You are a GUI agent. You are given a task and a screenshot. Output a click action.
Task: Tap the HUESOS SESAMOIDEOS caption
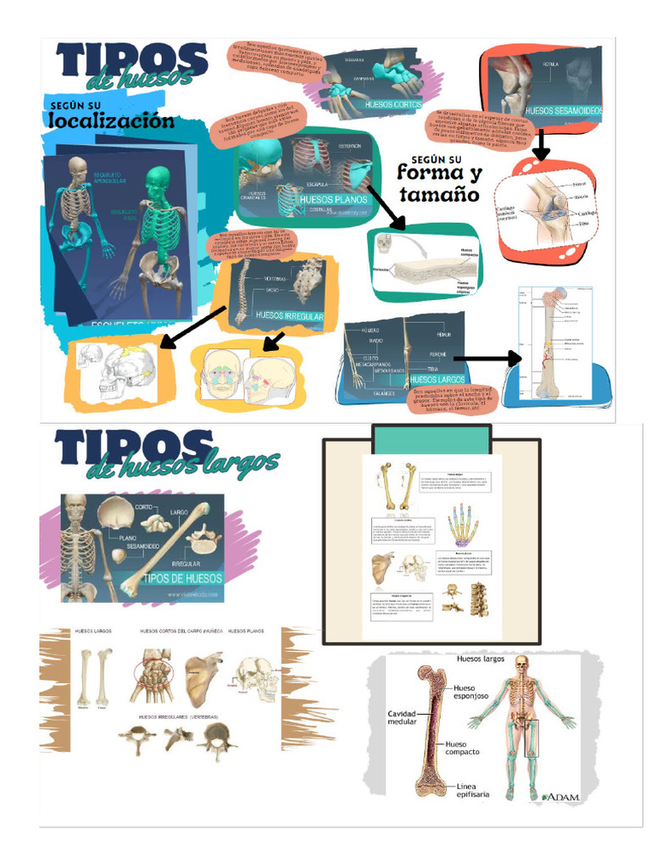click(x=563, y=110)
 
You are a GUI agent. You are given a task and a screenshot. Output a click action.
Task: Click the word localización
click(x=111, y=120)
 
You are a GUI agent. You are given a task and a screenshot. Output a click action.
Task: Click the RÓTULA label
click(x=550, y=64)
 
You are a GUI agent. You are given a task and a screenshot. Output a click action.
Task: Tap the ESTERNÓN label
click(x=349, y=147)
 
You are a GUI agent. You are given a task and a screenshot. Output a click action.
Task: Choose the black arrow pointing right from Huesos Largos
click(x=487, y=359)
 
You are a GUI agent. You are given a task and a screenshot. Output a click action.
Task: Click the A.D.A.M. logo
click(x=560, y=797)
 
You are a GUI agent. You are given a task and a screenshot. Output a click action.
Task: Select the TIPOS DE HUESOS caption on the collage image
click(x=182, y=578)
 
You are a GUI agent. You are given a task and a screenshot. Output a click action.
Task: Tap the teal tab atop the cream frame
click(x=431, y=439)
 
